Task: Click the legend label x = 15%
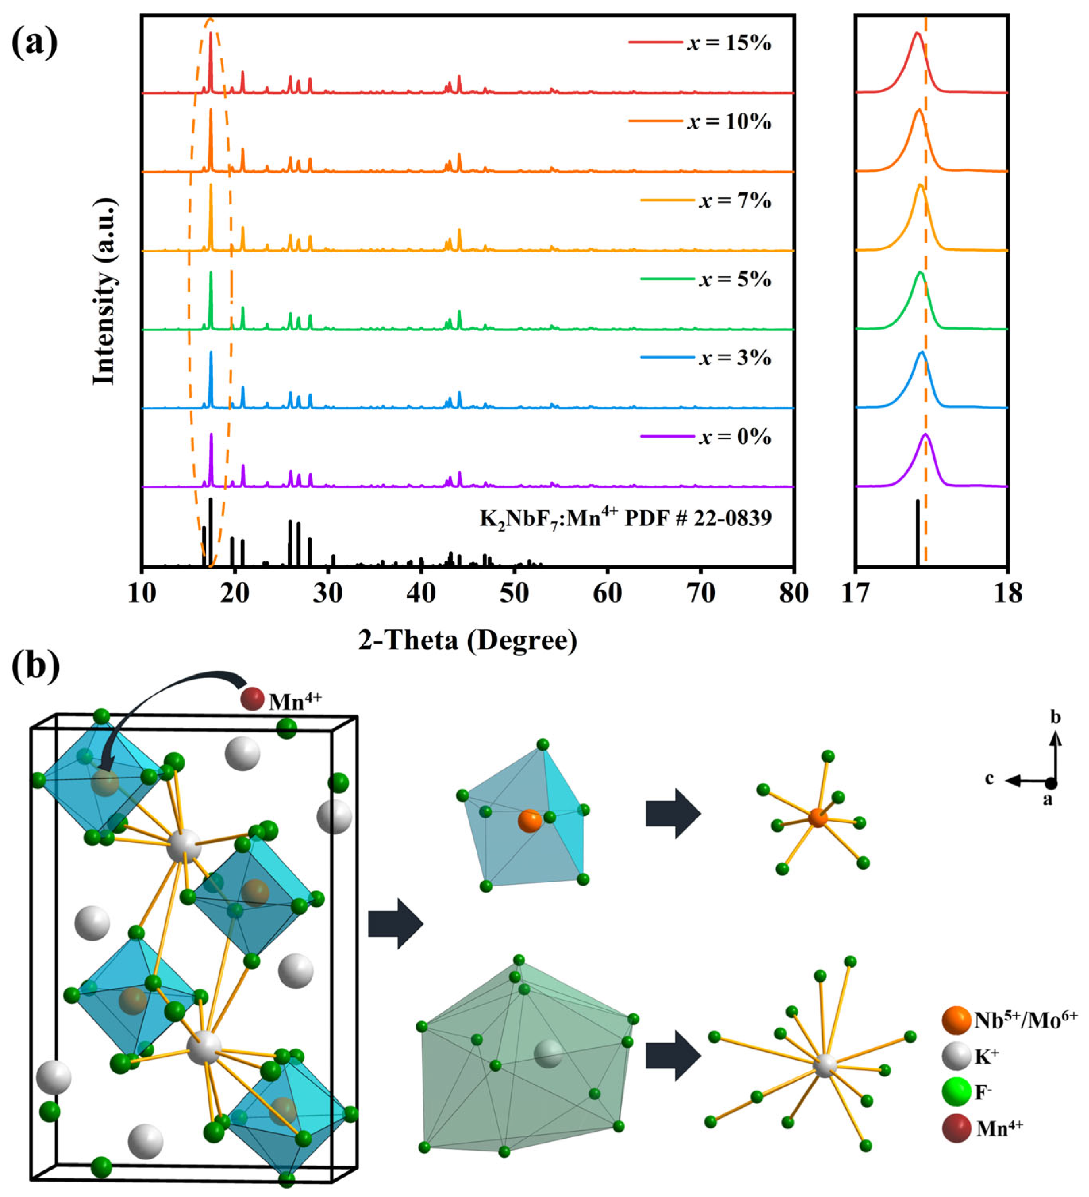coord(729,43)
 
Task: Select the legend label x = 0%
coord(735,436)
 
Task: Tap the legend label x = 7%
coord(735,201)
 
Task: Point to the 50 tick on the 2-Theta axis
coord(514,593)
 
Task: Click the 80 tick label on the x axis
coord(793,593)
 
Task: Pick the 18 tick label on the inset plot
coord(1008,593)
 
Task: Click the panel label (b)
coord(36,666)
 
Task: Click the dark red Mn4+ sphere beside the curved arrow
coord(252,699)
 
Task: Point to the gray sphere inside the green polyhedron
coord(547,1054)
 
